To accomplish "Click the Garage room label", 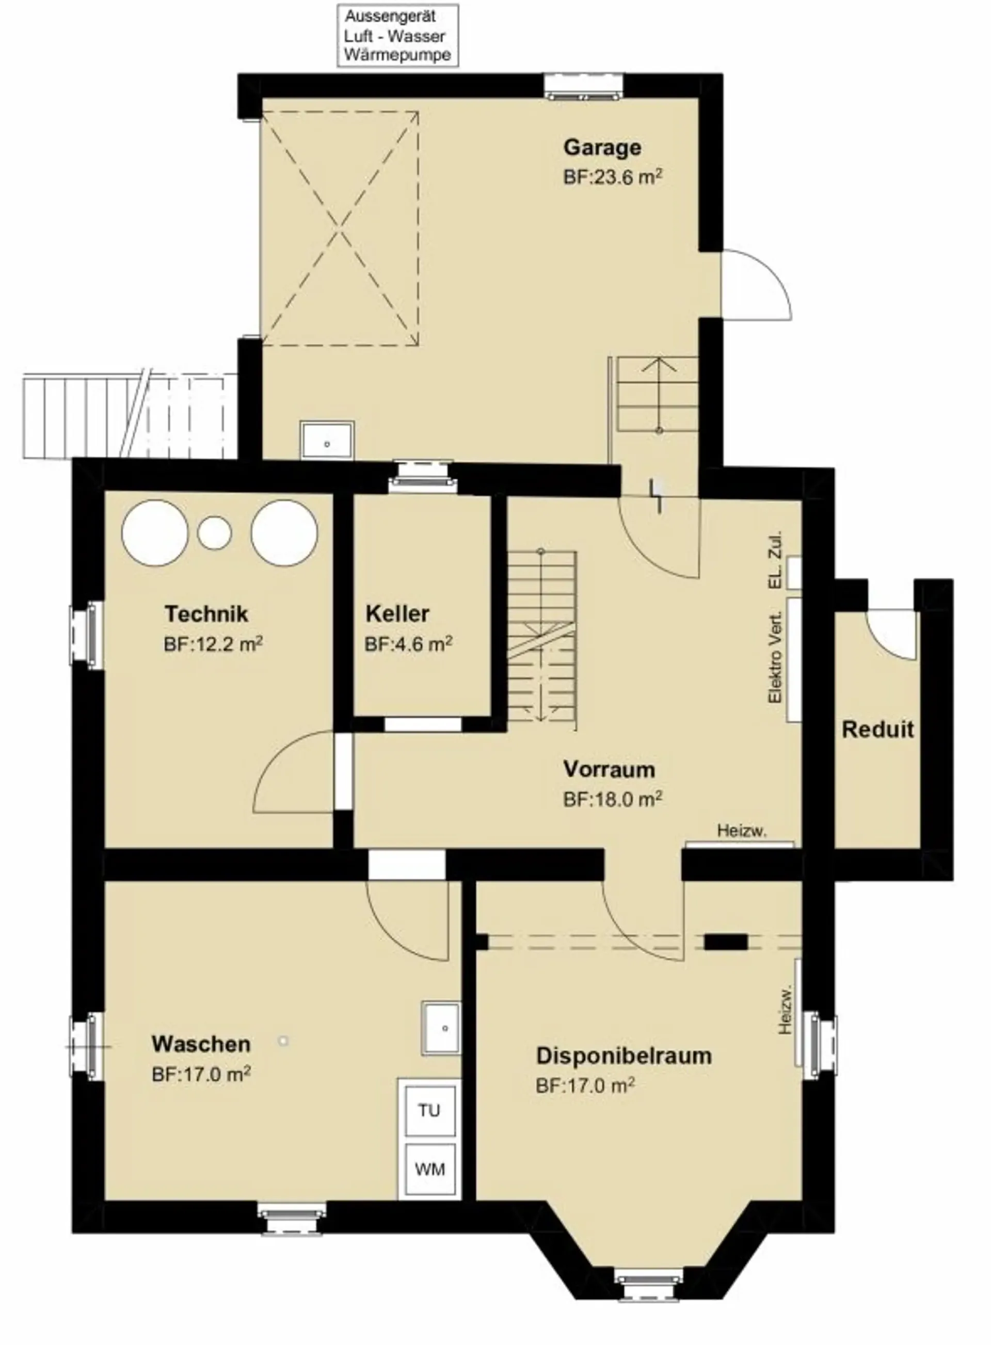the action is point(602,148).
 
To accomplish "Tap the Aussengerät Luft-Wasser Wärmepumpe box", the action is point(398,36).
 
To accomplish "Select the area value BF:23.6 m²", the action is point(613,177).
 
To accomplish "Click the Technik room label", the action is point(206,614).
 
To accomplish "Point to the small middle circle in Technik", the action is point(215,532).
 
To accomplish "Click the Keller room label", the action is point(397,614).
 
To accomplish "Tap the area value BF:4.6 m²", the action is point(408,644).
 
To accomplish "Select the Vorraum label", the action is point(609,769).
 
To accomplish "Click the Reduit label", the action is point(877,730).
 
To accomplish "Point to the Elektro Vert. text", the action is point(776,658).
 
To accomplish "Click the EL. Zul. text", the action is point(776,559).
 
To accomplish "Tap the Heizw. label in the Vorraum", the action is point(742,831).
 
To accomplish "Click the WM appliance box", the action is point(430,1169).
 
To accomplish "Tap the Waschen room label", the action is point(201,1044).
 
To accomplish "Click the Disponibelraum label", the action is point(624,1056).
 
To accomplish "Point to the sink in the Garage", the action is point(327,440).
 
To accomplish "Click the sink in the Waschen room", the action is point(441,1028).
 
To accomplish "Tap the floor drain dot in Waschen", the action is point(284,1041).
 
